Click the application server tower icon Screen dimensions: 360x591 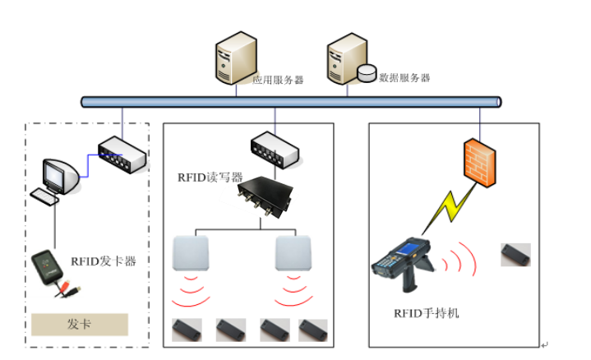click(233, 58)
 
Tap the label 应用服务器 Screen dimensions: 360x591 click(278, 80)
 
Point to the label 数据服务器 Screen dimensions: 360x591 click(404, 77)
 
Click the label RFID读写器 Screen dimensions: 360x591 click(210, 177)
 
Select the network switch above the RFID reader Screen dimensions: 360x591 click(275, 147)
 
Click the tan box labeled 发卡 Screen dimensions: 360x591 click(81, 324)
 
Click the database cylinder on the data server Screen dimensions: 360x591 click(367, 74)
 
